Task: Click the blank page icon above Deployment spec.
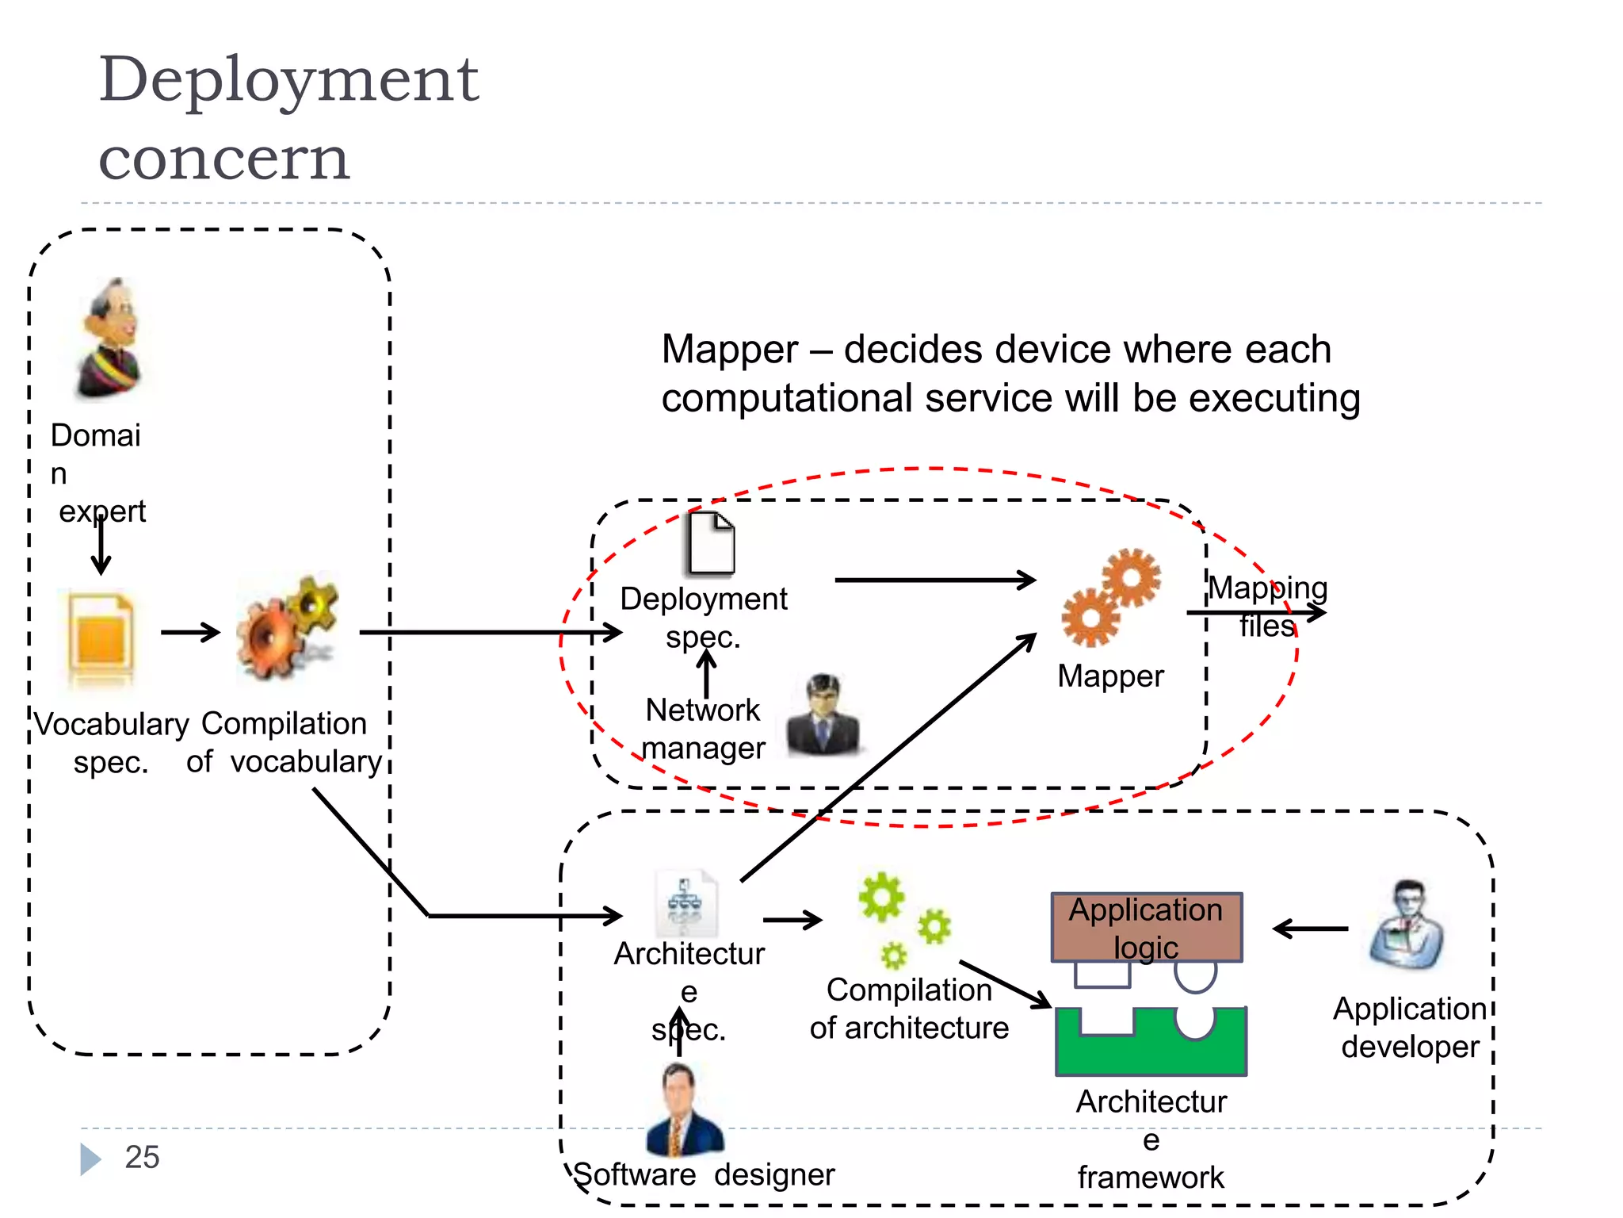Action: tap(711, 544)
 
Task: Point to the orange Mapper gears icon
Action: tap(1111, 597)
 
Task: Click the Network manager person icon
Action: tap(823, 715)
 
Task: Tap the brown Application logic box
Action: tap(1146, 927)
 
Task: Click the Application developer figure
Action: tap(1407, 926)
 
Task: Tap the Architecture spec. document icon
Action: tap(686, 904)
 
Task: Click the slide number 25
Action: tap(142, 1157)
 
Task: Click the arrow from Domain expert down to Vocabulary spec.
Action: tap(101, 546)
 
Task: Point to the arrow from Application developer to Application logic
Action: tap(1310, 929)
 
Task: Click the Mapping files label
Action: tap(1267, 607)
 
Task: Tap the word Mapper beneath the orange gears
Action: tap(1110, 676)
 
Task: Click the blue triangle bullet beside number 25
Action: tap(90, 1159)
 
